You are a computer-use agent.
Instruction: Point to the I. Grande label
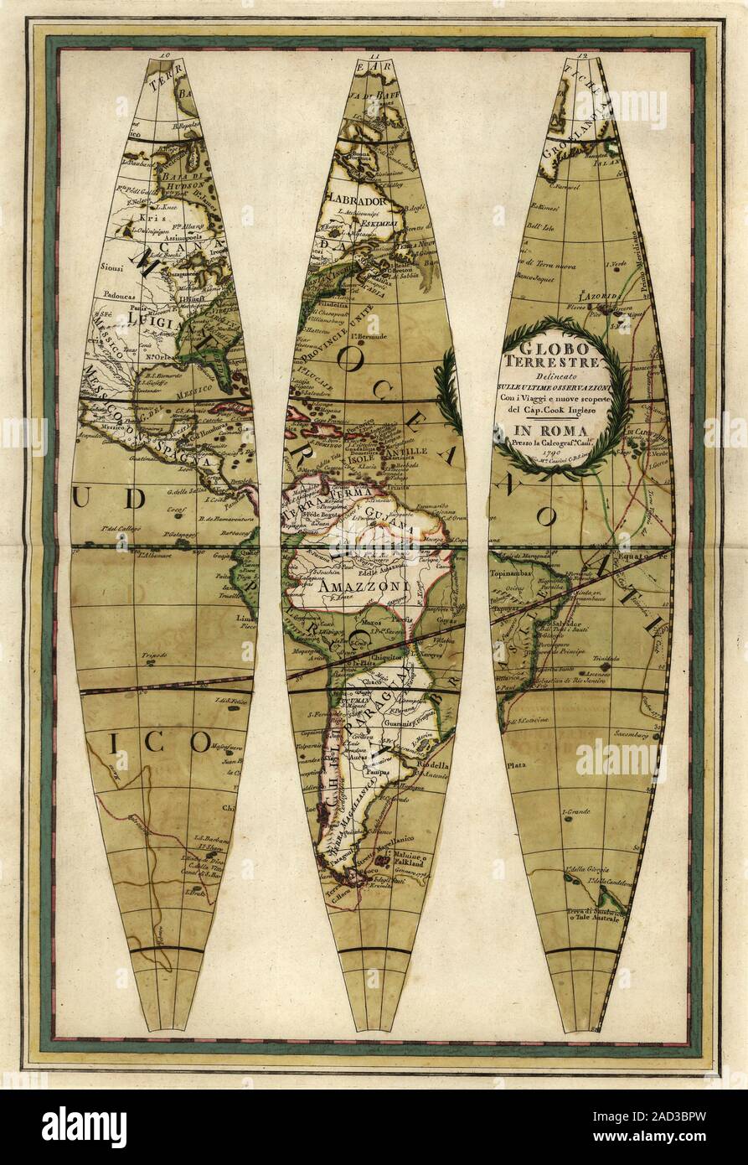pyautogui.click(x=577, y=812)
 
